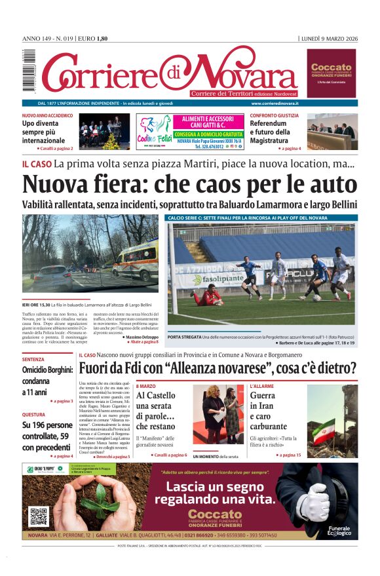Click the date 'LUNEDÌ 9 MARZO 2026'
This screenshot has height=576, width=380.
[329, 39]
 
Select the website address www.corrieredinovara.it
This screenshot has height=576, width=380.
[275, 104]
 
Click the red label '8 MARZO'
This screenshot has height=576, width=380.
[145, 387]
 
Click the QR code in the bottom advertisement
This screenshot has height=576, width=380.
[39, 516]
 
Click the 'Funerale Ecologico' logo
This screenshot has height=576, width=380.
[339, 531]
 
